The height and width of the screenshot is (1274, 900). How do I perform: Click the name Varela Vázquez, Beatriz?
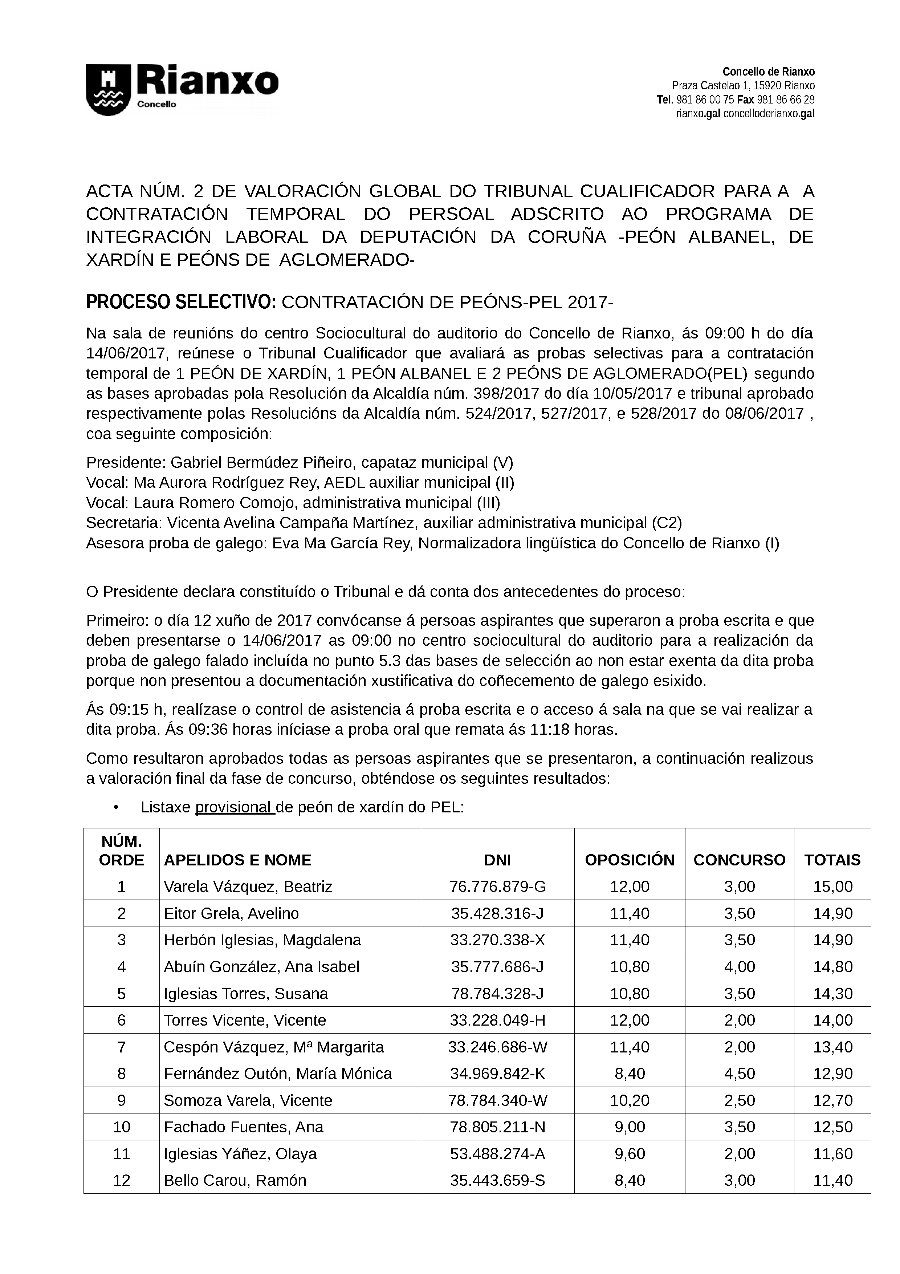click(x=248, y=887)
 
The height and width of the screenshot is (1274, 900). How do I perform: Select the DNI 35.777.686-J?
click(x=497, y=967)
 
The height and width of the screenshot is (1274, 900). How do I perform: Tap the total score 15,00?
click(x=832, y=887)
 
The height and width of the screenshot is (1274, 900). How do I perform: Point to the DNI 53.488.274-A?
click(x=497, y=1153)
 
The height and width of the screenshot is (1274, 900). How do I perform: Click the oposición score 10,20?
click(x=630, y=1100)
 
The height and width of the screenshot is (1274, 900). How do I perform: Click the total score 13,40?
click(x=832, y=1047)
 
